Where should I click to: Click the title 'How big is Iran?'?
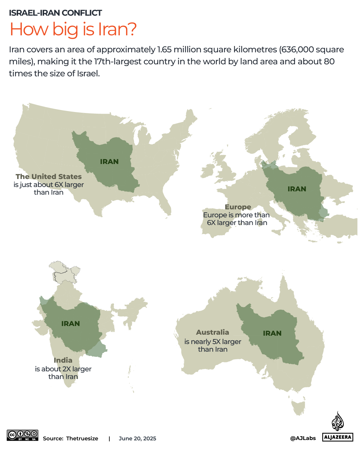pos(73,29)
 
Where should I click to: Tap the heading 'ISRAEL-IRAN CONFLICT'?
pos(55,13)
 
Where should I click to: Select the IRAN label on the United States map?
pos(109,162)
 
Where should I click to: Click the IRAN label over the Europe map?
pos(297,189)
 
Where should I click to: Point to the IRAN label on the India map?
pos(71,324)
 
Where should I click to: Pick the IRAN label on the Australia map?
pos(272,333)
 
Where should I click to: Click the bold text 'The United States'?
pos(49,177)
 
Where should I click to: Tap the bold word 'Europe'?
pos(238,207)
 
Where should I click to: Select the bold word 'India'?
pos(63,360)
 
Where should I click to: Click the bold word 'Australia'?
pos(212,332)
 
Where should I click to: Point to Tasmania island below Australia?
pos(299,408)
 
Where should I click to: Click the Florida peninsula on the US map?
pos(165,203)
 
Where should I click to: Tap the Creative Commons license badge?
pos(23,435)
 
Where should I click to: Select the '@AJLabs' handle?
pos(303,438)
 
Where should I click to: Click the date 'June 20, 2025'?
pos(137,439)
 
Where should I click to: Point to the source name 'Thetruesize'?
pos(82,439)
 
